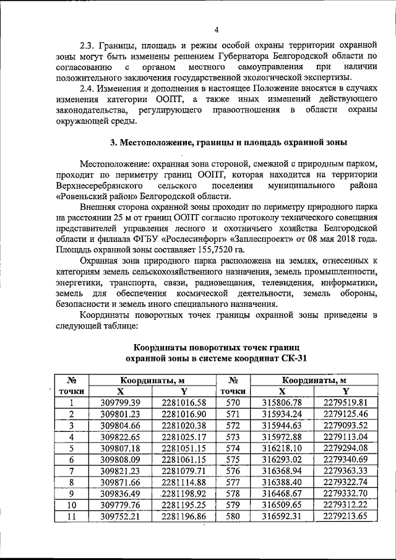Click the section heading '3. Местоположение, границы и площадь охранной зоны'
tap(228, 142)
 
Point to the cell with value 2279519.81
tap(345, 403)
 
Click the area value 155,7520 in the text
tap(213, 249)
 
